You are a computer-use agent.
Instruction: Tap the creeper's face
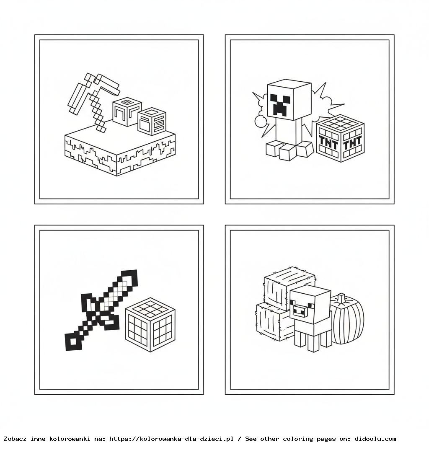[281, 105]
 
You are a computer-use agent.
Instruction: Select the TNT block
[340, 138]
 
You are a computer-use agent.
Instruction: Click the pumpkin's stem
[341, 298]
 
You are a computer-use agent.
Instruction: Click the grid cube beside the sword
[150, 325]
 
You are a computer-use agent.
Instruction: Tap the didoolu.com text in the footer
[375, 439]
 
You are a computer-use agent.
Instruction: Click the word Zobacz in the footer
[16, 439]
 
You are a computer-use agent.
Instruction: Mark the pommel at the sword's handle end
[73, 341]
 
